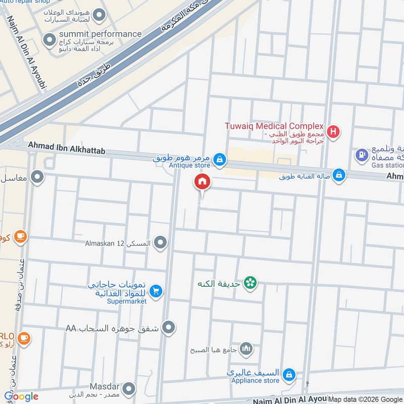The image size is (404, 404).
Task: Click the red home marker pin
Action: point(203,182)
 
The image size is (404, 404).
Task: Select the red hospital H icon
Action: point(333,132)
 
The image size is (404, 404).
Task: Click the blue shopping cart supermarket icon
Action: point(156,290)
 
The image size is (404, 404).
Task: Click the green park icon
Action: point(249,283)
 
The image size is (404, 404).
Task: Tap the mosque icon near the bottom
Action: point(246,348)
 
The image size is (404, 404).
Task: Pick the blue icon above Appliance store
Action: point(289,374)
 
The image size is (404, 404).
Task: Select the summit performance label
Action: point(102,34)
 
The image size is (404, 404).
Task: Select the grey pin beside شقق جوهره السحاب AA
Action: point(169,328)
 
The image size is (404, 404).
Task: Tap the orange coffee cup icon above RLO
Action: point(23,337)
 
